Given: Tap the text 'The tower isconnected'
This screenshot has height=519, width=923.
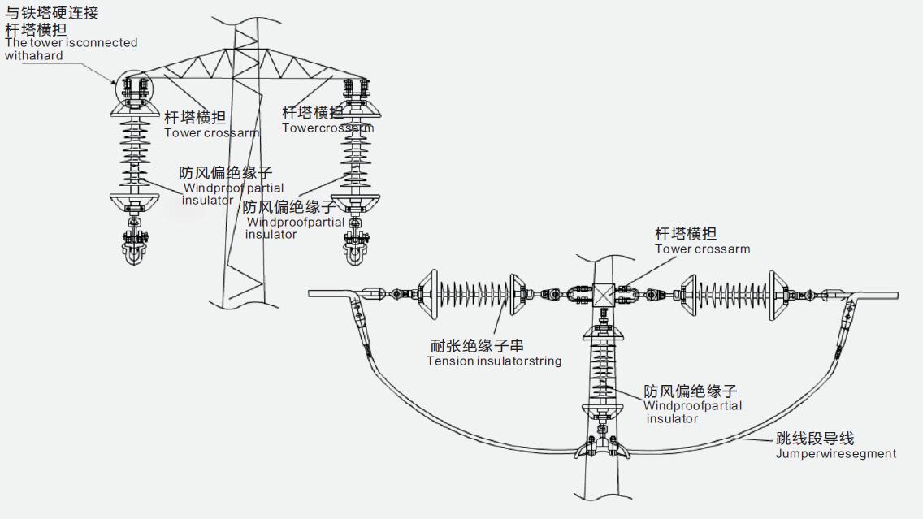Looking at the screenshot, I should (x=71, y=42).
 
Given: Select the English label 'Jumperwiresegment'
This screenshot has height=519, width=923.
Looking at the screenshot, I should (x=836, y=453).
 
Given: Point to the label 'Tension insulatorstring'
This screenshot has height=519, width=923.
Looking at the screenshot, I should (x=494, y=361).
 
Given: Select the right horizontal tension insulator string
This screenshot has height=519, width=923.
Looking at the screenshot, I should (x=736, y=296).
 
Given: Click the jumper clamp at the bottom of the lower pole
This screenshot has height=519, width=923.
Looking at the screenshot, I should (x=602, y=448).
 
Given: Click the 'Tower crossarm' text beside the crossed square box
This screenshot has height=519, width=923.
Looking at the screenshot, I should (x=703, y=249).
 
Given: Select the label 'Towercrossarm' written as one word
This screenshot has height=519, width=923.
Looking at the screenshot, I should (x=328, y=128).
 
